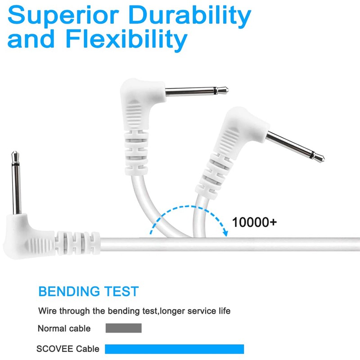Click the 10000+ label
click(254, 222)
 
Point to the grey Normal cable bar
click(123, 328)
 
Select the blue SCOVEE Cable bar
click(174, 349)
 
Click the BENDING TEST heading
click(88, 291)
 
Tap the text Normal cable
click(64, 328)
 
